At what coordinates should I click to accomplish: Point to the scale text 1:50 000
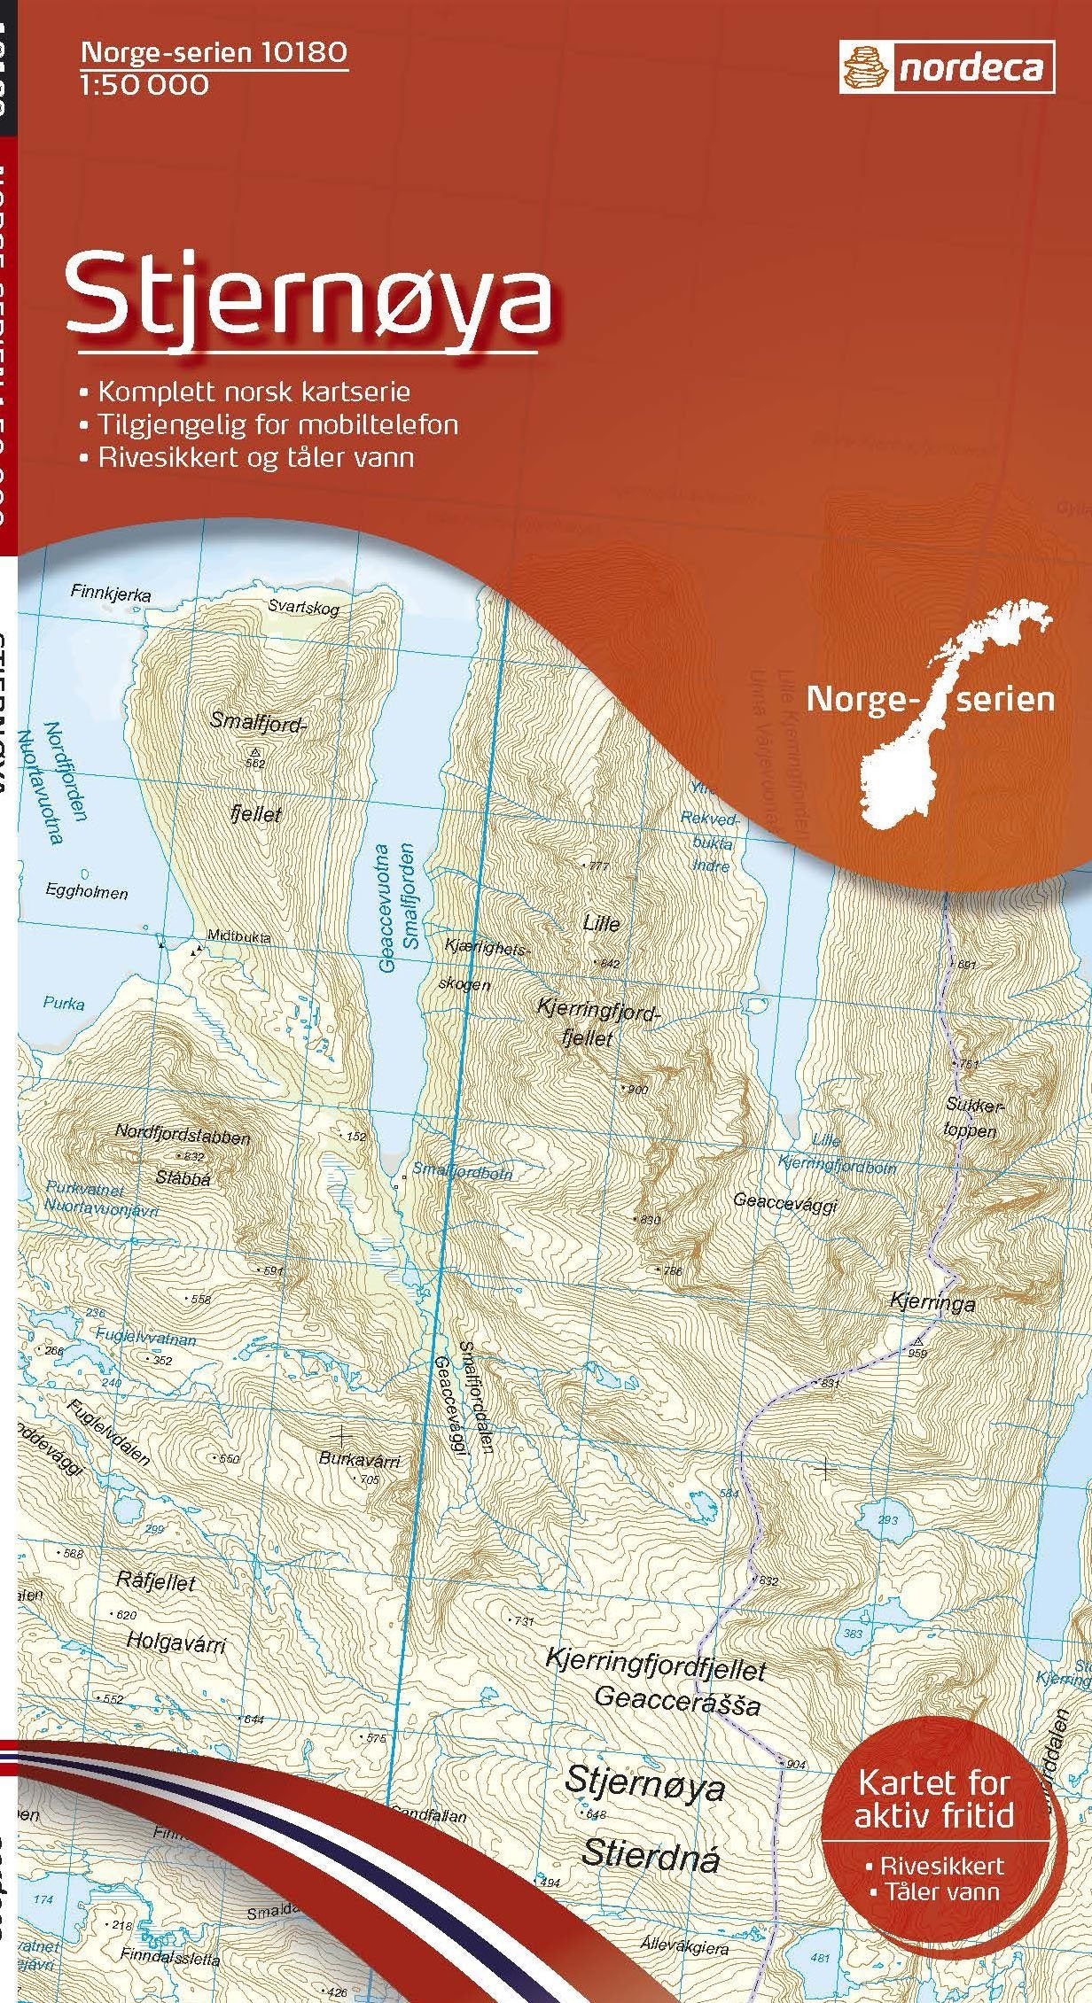coord(144,85)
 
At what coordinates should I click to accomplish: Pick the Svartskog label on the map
coord(304,608)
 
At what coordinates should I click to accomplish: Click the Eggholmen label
coord(87,893)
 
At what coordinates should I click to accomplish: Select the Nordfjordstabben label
coord(183,1137)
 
